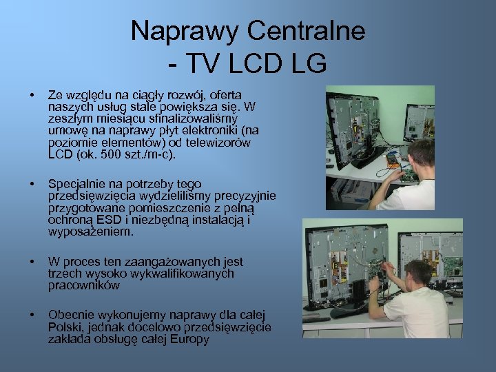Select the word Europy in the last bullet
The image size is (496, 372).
(x=187, y=338)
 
